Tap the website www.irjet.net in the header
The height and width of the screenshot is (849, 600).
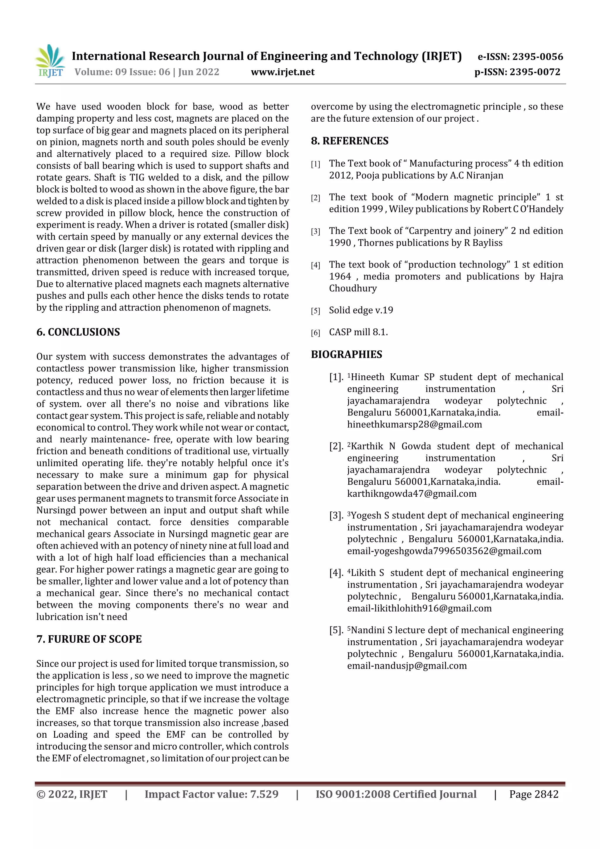pos(282,72)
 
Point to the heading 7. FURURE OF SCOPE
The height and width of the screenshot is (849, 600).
pos(89,639)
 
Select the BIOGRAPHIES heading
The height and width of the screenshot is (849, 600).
pos(346,354)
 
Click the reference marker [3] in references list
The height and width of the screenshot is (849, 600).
pos(315,232)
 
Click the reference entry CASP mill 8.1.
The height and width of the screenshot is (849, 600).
pos(358,332)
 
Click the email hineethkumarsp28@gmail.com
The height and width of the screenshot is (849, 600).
pos(415,424)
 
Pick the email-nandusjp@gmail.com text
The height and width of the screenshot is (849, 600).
pos(407,666)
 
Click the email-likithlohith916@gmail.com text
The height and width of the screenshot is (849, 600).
pos(419,608)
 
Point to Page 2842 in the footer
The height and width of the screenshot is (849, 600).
pos(533,794)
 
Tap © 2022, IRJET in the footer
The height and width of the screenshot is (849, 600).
pos(72,794)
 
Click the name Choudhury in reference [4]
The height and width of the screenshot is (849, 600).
pos(353,288)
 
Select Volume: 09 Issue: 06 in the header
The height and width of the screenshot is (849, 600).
pos(122,72)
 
